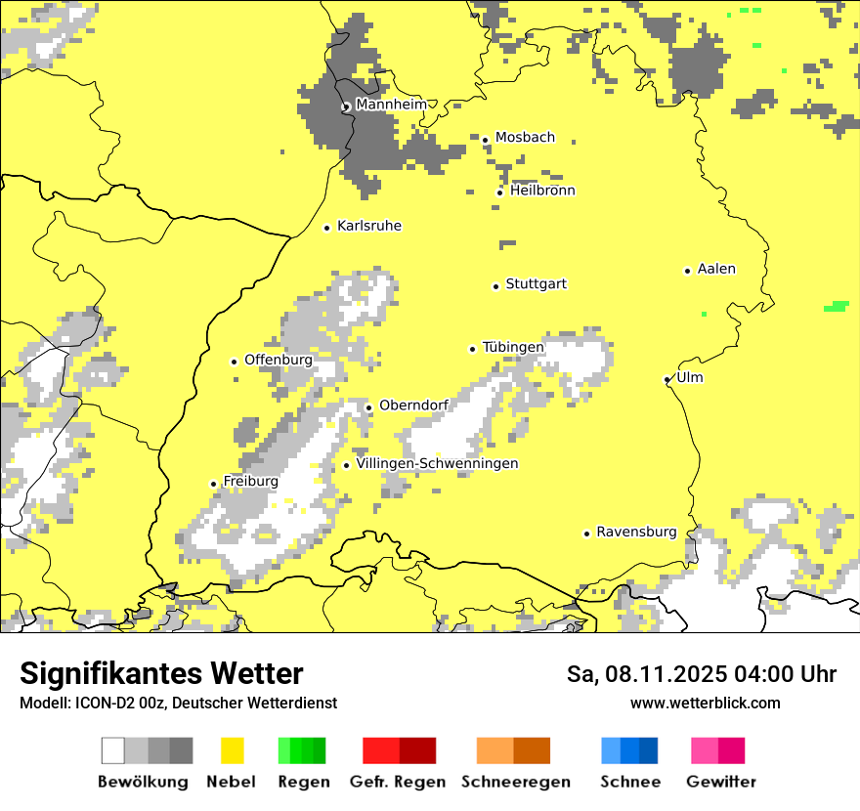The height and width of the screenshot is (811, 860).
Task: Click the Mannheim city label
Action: tap(392, 105)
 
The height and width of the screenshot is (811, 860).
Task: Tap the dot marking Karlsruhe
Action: tap(327, 228)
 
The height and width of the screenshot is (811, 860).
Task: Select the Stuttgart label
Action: tap(536, 284)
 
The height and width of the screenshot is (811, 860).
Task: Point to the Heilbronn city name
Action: tap(542, 191)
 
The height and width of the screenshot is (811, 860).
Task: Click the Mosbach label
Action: tap(525, 138)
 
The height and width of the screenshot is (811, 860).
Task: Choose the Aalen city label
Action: tap(716, 269)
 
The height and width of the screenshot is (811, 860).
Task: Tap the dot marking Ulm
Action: tap(667, 379)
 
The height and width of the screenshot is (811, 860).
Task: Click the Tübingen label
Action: tap(513, 347)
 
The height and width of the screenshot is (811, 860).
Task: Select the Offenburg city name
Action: tap(279, 360)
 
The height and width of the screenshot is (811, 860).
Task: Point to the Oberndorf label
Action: tap(413, 405)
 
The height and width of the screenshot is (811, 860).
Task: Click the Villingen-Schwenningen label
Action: tap(437, 463)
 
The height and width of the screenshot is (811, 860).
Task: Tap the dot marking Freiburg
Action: tap(213, 484)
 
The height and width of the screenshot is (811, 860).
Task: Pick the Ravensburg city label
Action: tap(636, 532)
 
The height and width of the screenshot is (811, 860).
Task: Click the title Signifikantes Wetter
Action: tap(161, 673)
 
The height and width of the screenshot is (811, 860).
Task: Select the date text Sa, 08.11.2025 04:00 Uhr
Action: tap(701, 674)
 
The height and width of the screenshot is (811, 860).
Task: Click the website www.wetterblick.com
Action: tap(705, 703)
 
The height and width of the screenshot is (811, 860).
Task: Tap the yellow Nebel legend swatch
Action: tap(232, 750)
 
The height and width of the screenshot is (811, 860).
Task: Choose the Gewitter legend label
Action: tap(720, 782)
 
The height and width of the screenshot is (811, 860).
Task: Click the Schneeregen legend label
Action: tap(515, 782)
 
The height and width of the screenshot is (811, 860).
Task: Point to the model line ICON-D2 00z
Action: tap(178, 703)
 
